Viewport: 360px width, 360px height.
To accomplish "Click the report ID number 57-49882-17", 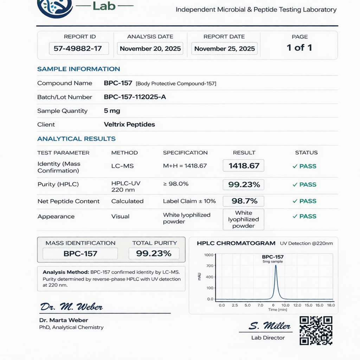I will pyautogui.click(x=78, y=49).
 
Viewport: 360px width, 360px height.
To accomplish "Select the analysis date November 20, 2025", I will pyautogui.click(x=150, y=49).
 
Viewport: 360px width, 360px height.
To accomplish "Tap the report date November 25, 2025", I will pyautogui.click(x=224, y=49).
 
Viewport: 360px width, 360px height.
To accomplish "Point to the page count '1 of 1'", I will pyautogui.click(x=299, y=47).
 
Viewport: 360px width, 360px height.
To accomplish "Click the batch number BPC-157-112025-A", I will pyautogui.click(x=135, y=97).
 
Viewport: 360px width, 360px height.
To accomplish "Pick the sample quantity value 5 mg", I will pyautogui.click(x=112, y=111).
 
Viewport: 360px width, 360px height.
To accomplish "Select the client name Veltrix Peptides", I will pyautogui.click(x=129, y=124).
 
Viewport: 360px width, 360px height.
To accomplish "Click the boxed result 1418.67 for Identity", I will pyautogui.click(x=244, y=166).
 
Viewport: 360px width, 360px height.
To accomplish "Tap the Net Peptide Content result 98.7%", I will pyautogui.click(x=244, y=201).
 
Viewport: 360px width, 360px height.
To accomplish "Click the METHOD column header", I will pyautogui.click(x=124, y=153).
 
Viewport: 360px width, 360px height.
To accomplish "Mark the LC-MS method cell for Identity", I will pyautogui.click(x=122, y=166).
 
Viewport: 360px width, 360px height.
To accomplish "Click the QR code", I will pyautogui.click(x=316, y=330).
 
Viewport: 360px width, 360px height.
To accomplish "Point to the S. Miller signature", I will pyautogui.click(x=270, y=326).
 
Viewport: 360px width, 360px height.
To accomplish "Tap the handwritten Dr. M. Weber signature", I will pyautogui.click(x=71, y=307).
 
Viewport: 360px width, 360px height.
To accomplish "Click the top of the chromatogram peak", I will pyautogui.click(x=276, y=265).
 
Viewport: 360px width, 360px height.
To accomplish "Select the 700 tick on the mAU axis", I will pyautogui.click(x=210, y=266).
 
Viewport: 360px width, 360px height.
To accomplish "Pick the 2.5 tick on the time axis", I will pyautogui.click(x=235, y=305).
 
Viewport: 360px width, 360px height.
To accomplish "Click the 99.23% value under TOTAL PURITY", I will pyautogui.click(x=154, y=253).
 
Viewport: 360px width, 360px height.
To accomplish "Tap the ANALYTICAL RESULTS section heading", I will pyautogui.click(x=76, y=139).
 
